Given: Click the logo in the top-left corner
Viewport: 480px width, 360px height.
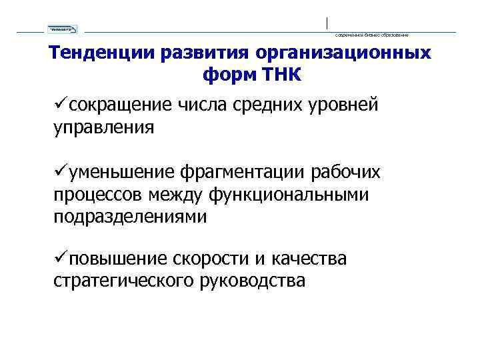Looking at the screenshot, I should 63,29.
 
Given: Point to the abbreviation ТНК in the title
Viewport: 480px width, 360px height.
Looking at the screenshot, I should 283,74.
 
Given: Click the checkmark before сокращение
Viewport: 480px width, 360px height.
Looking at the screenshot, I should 60,105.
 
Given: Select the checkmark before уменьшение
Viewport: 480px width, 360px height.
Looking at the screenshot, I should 60,172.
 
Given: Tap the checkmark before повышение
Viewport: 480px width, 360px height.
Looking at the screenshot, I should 60,258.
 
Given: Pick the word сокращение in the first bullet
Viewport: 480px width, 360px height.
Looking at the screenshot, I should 120,105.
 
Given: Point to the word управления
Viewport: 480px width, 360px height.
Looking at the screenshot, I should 103,127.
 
